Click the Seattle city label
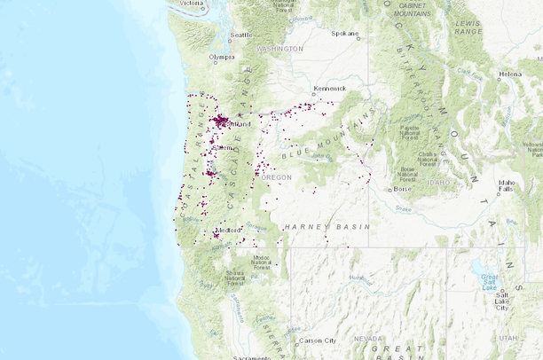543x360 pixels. [x=241, y=36]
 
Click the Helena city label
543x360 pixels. [x=510, y=74]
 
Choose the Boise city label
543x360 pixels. [x=402, y=189]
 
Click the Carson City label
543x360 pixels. [x=318, y=340]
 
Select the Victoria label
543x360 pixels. [x=191, y=4]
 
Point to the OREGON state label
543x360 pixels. [x=277, y=178]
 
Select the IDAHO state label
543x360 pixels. [x=438, y=182]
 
